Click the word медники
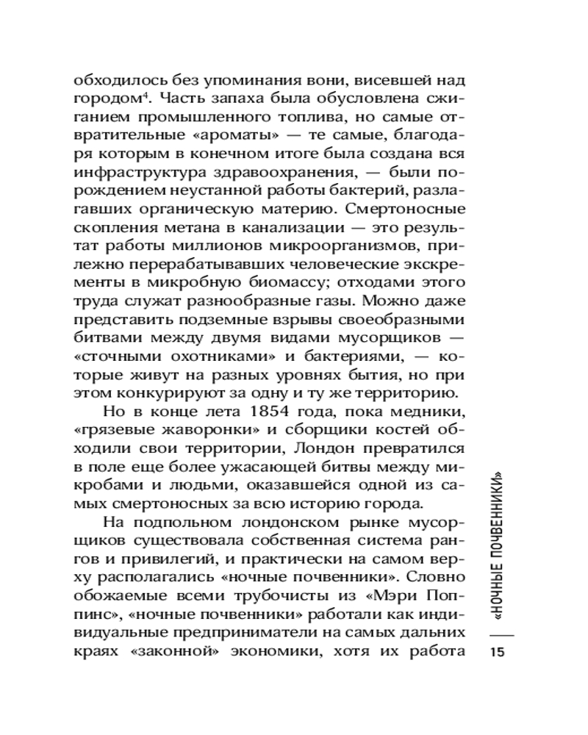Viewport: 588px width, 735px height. point(424,409)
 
